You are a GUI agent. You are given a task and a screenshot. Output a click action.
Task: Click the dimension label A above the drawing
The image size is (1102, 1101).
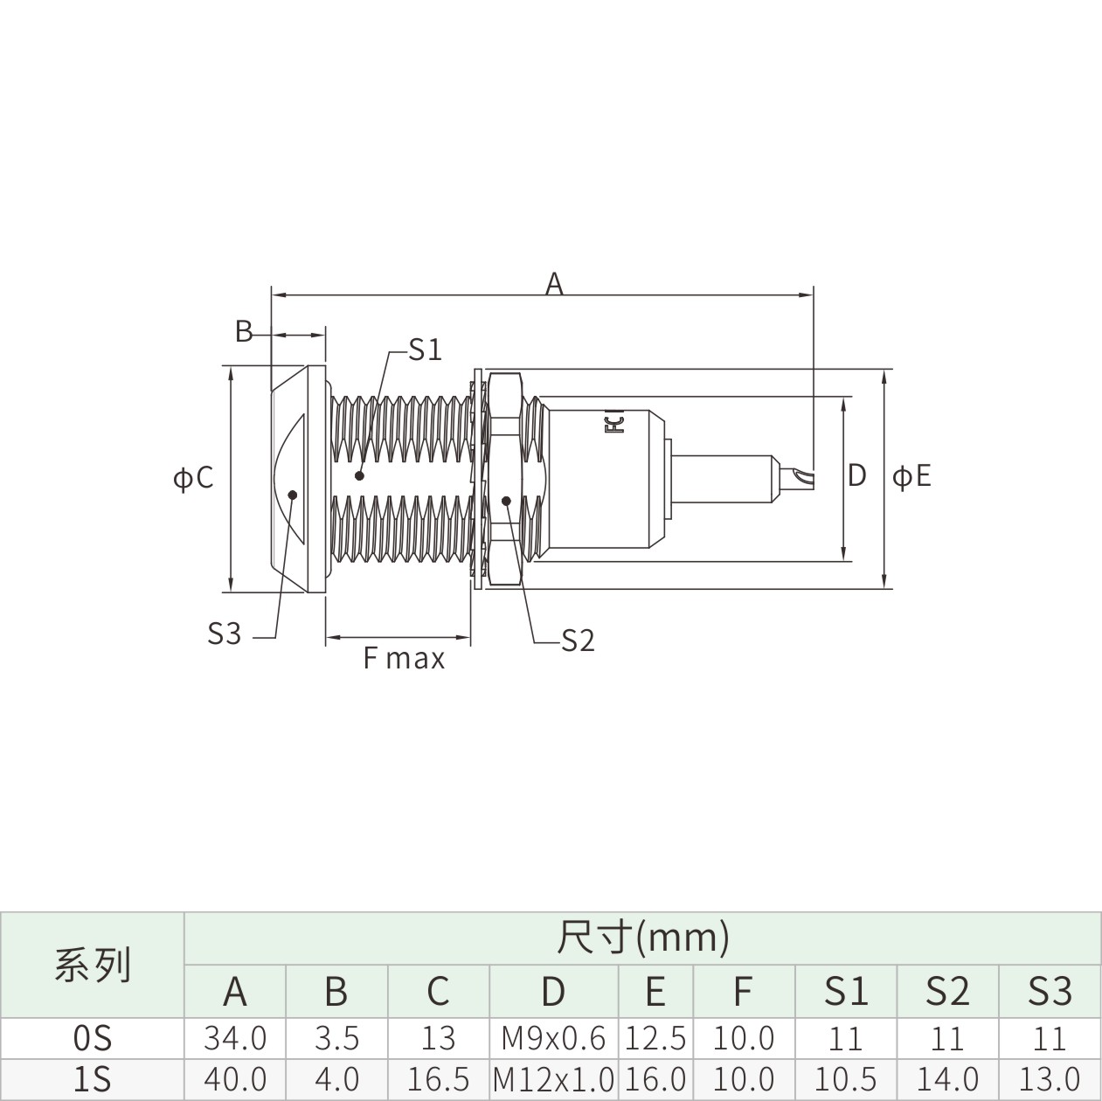point(553,284)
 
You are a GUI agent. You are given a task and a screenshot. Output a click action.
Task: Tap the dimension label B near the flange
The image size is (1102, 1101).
point(244,331)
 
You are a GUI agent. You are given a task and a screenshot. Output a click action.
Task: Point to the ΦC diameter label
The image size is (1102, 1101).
point(193,478)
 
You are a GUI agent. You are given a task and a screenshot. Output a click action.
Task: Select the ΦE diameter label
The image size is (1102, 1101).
point(911,476)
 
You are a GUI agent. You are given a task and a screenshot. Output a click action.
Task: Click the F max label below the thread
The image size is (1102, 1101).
point(404,658)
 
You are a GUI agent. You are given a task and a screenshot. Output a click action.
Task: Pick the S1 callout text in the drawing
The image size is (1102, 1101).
point(425,350)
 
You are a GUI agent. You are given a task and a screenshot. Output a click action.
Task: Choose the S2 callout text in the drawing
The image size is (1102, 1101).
point(578,641)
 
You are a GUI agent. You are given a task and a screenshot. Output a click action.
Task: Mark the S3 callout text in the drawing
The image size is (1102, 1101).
point(225,634)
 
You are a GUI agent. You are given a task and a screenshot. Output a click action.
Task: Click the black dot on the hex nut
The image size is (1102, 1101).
point(505,501)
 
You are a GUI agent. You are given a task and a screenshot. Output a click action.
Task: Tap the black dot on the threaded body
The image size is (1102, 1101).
point(360,475)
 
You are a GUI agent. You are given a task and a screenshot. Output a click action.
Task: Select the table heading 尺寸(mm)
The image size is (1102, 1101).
point(643,938)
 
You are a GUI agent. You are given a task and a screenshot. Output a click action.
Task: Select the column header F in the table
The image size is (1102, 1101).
point(742,992)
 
